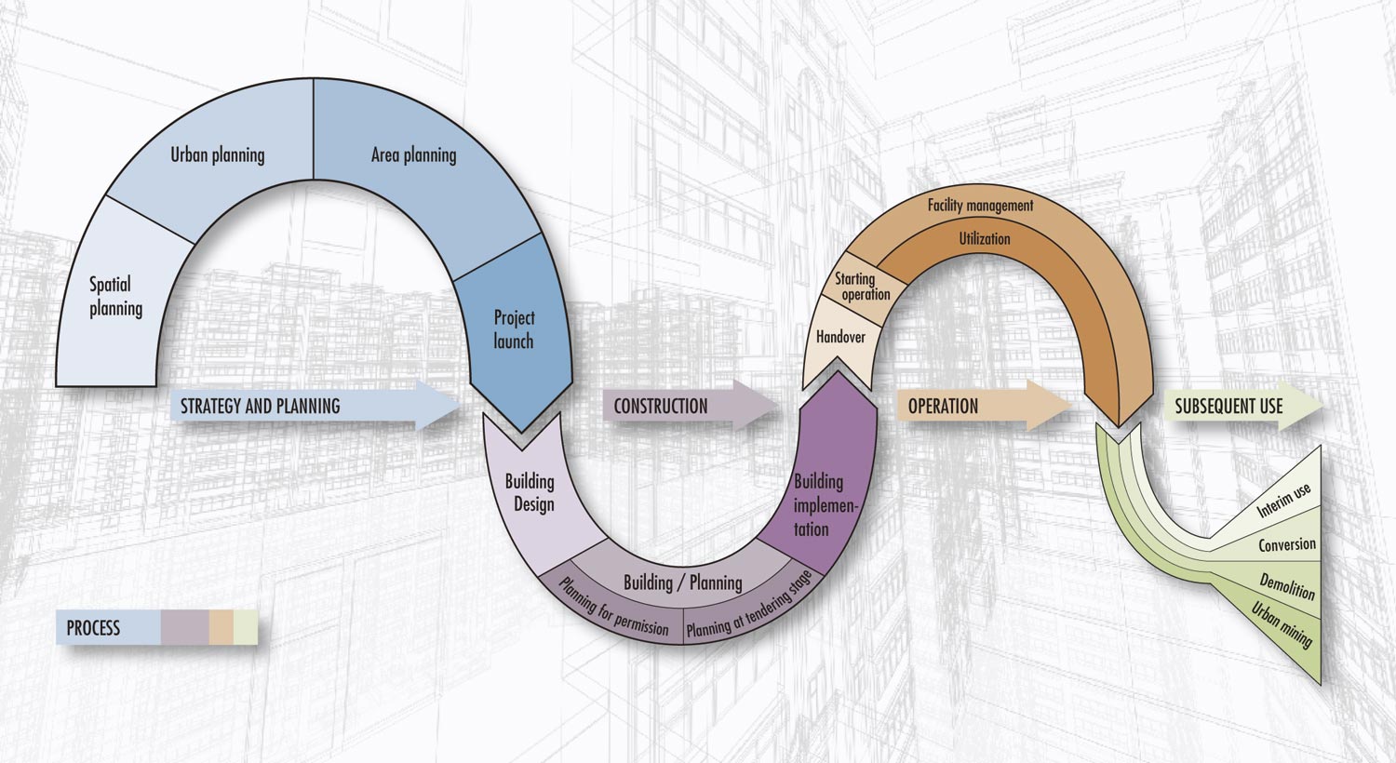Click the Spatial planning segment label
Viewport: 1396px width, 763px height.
pos(116,297)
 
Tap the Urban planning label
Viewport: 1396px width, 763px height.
pos(218,155)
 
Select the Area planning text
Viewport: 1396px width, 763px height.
pos(414,155)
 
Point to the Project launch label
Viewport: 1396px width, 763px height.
pos(514,328)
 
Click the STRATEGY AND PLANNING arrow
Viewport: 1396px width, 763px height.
pos(315,406)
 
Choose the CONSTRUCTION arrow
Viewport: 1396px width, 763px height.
pos(690,406)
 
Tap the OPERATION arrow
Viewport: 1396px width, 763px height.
pos(984,406)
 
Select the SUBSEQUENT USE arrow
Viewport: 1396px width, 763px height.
pos(1244,406)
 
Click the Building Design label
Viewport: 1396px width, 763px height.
pos(530,492)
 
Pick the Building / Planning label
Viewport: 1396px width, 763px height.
pos(683,583)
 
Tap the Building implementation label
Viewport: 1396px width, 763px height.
pos(824,505)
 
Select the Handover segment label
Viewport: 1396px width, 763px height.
pos(840,337)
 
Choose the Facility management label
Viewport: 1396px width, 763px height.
pos(980,205)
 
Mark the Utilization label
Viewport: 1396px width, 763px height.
pos(985,238)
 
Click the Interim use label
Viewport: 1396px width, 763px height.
pos(1283,501)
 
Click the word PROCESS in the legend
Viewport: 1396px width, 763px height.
pos(93,628)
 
